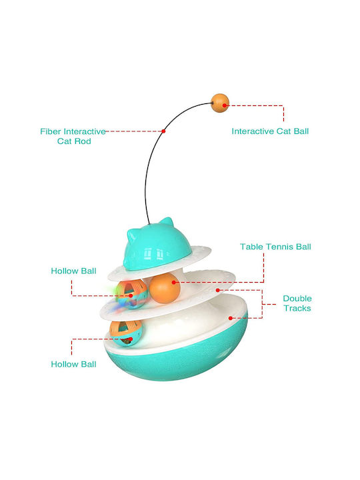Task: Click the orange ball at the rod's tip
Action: (x=220, y=103)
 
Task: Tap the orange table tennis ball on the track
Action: (x=165, y=288)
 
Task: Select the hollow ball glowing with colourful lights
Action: (x=131, y=294)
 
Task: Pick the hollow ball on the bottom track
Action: (x=126, y=334)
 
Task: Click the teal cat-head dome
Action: (x=157, y=247)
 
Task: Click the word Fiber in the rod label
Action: (x=51, y=131)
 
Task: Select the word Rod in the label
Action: (x=82, y=141)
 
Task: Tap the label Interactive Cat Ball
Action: (x=270, y=131)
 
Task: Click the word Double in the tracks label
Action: (x=297, y=299)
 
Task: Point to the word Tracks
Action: (x=297, y=308)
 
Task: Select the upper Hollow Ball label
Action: (x=73, y=271)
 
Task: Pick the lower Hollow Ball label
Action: (x=73, y=364)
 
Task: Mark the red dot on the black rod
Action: (x=164, y=131)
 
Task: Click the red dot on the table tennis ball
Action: (x=174, y=282)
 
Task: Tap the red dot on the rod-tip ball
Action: (x=225, y=105)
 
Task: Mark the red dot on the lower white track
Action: (x=231, y=318)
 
